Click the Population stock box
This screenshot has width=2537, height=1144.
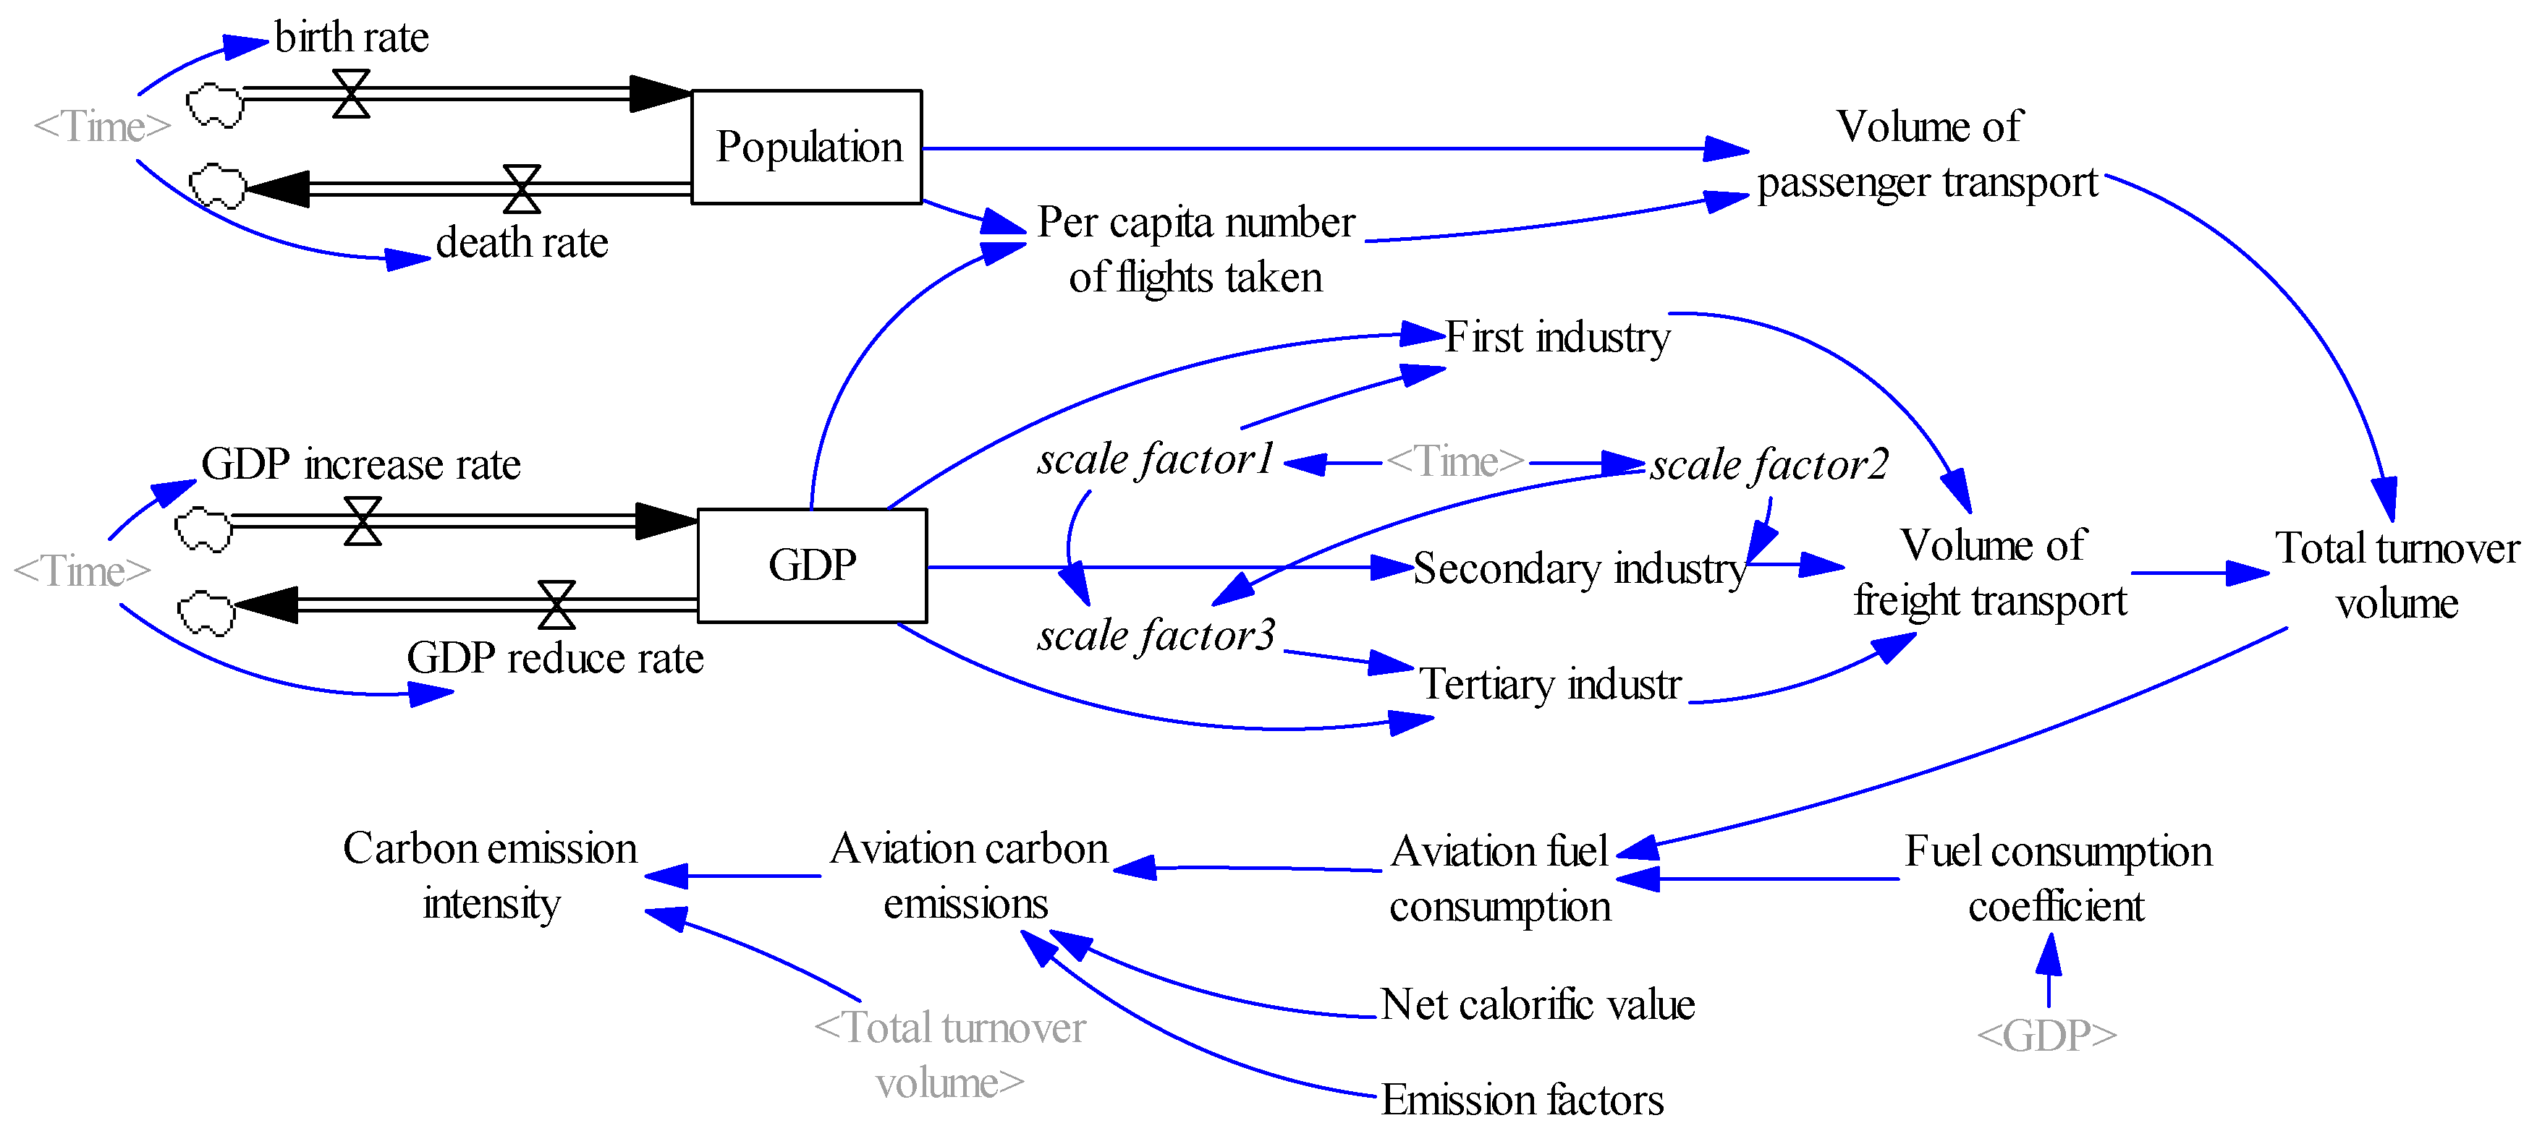(807, 147)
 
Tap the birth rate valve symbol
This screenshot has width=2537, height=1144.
(351, 93)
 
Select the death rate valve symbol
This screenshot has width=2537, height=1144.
(522, 188)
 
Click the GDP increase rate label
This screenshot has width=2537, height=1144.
(360, 464)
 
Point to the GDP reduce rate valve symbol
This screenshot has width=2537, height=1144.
(556, 605)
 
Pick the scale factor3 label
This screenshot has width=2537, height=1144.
(1155, 636)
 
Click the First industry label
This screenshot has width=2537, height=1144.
(1557, 338)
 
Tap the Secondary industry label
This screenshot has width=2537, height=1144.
(1579, 569)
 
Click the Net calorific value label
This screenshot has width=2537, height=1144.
(1538, 1005)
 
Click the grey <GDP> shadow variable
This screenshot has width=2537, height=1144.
(2046, 1036)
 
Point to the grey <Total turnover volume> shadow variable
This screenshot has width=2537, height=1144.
(949, 1055)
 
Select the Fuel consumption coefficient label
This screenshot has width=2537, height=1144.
(2057, 878)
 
